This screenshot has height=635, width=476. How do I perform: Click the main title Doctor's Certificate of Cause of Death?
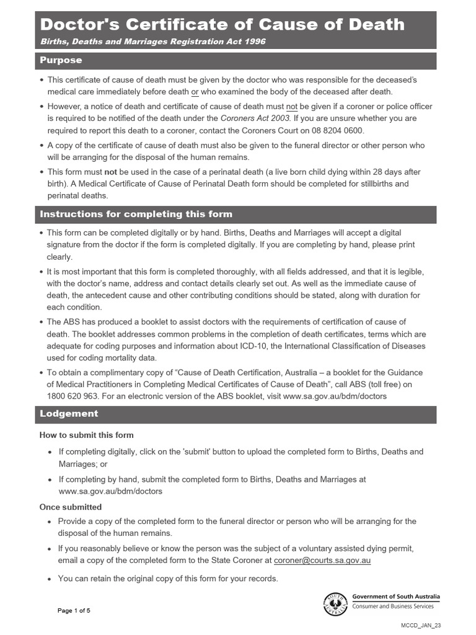click(222, 25)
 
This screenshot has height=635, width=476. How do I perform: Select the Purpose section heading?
click(61, 60)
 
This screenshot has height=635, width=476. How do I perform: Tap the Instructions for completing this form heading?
click(136, 214)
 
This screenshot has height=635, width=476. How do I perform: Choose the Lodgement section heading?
click(69, 414)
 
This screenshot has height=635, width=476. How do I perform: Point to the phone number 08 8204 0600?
click(340, 130)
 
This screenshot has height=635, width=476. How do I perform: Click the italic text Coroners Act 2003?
click(250, 118)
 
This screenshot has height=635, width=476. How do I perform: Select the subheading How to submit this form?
click(86, 435)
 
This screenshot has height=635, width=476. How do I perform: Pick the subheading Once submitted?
click(71, 507)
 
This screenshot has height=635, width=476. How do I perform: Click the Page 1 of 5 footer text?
click(74, 610)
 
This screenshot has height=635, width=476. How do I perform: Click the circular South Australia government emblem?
click(335, 603)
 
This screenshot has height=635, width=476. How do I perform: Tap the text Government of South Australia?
click(395, 596)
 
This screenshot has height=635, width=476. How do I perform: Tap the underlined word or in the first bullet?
click(195, 92)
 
